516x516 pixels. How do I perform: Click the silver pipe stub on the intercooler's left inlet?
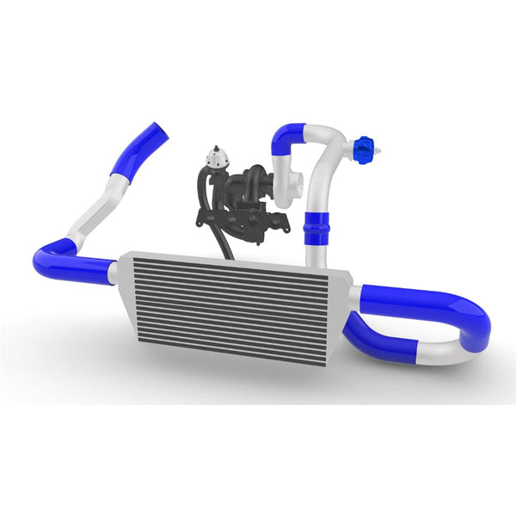click(x=113, y=272)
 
